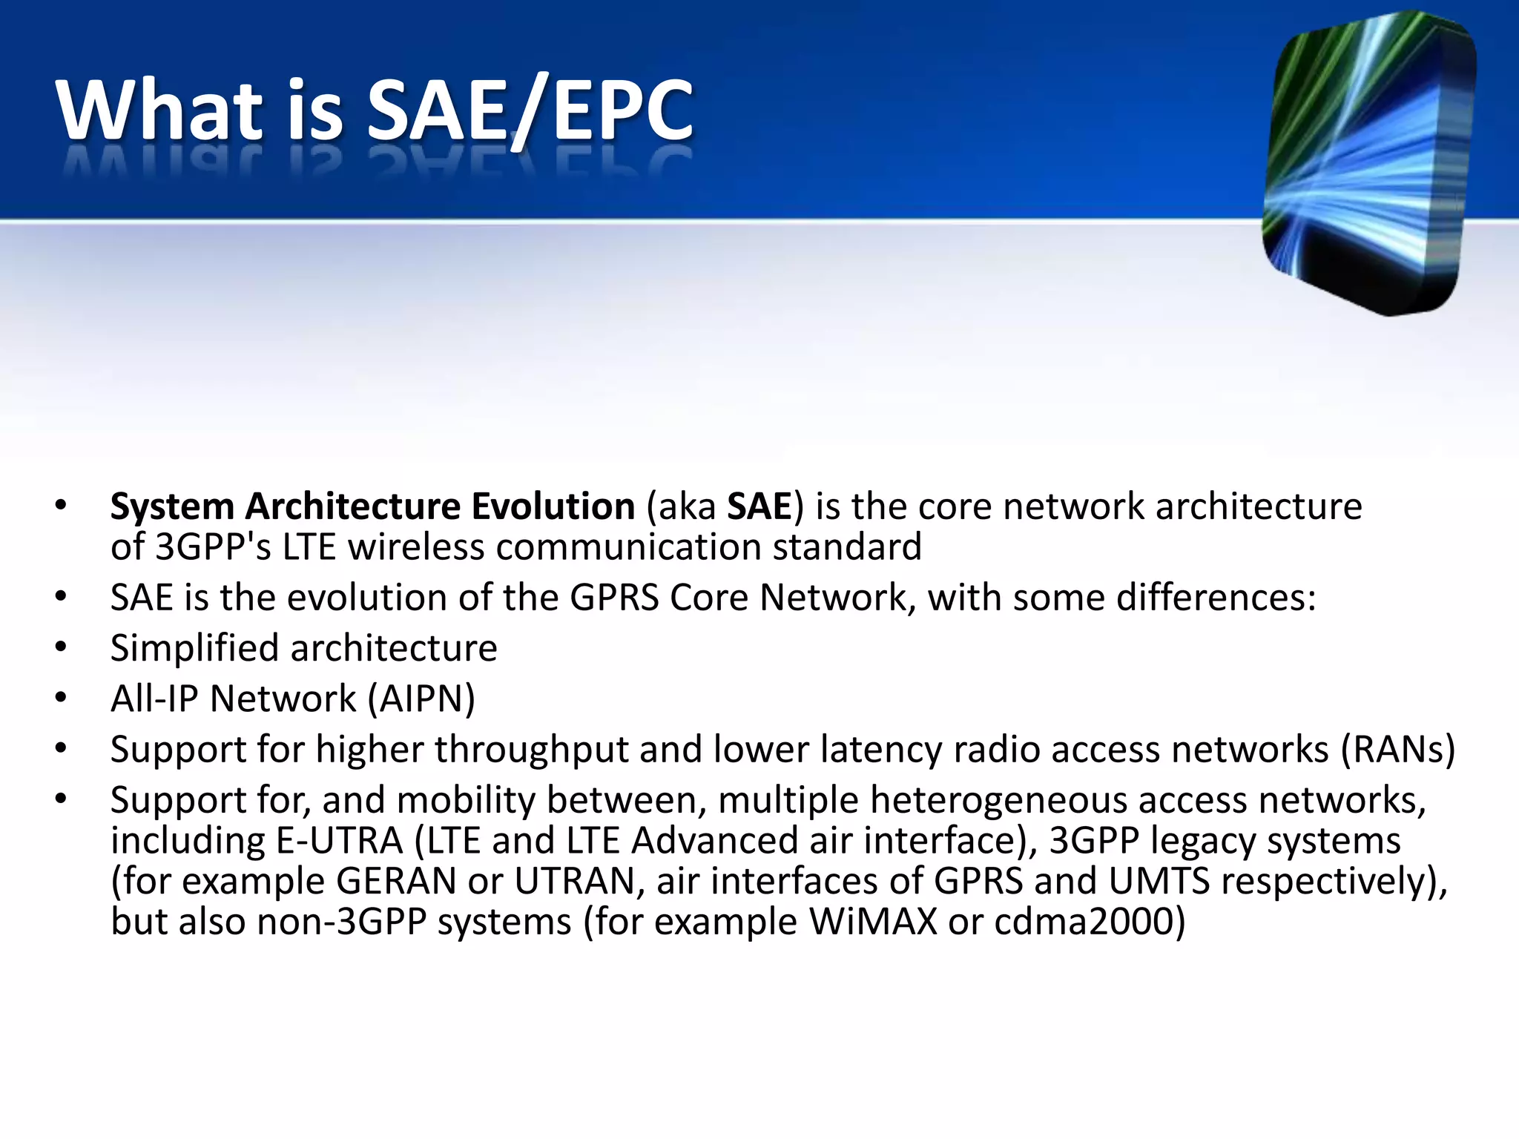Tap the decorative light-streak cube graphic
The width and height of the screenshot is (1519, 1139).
1368,163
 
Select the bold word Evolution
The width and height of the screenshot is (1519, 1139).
553,506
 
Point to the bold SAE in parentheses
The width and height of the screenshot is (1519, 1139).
759,506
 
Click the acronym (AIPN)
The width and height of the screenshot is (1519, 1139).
421,699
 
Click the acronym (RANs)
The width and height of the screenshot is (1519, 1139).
1397,750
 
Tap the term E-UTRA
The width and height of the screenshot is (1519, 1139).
339,841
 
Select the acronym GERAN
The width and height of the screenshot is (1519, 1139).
396,882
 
